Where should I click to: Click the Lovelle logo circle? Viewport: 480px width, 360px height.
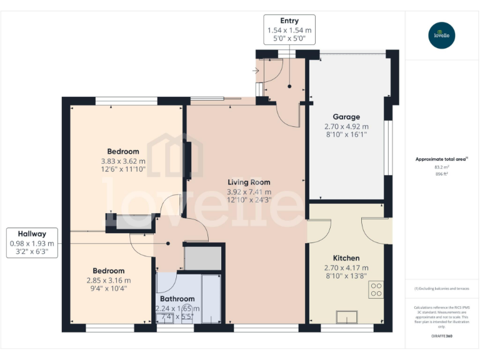(x=442, y=35)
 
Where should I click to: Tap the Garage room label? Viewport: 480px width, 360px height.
(x=346, y=117)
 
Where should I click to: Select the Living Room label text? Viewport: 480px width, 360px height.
(x=249, y=182)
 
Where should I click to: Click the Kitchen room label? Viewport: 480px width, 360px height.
(x=346, y=258)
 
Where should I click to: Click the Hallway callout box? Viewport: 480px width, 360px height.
(x=32, y=242)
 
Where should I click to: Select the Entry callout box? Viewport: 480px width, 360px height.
(x=289, y=29)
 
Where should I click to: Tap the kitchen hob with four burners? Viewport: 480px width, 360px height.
(x=376, y=290)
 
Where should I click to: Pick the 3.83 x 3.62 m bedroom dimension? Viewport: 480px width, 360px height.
(x=123, y=161)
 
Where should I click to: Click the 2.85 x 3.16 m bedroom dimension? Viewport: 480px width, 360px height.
(x=109, y=280)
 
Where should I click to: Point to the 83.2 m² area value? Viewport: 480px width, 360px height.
(x=442, y=167)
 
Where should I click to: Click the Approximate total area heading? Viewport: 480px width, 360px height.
(x=441, y=159)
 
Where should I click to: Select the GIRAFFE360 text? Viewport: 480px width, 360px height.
(x=442, y=336)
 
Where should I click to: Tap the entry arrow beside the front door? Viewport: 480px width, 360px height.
(x=256, y=71)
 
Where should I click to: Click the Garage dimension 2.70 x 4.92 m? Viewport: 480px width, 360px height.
(x=346, y=126)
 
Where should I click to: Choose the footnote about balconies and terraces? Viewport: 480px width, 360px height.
(x=441, y=289)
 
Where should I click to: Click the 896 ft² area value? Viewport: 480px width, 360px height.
(x=442, y=174)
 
